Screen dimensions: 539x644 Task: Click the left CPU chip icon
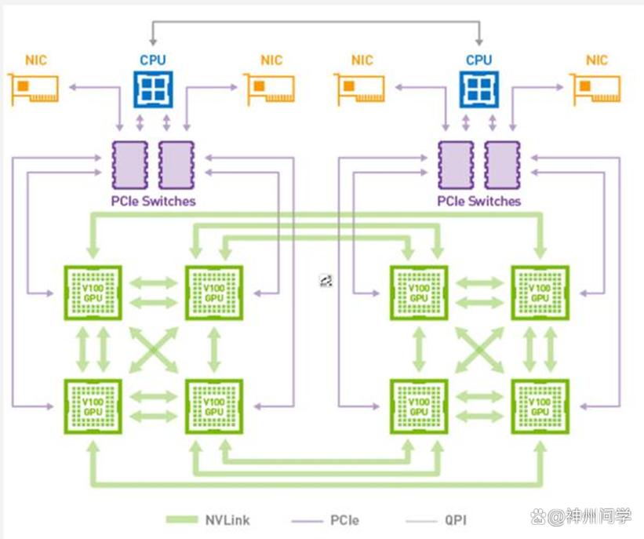[153, 88]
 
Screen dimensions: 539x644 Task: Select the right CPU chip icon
[479, 88]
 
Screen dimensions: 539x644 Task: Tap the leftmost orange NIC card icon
[35, 89]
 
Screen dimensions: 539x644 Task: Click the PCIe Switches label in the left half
[153, 202]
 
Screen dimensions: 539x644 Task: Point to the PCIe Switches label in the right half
[479, 202]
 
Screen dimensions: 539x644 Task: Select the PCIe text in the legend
[345, 519]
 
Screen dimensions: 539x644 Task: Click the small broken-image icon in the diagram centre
[326, 281]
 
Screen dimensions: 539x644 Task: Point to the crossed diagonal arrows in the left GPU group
[154, 349]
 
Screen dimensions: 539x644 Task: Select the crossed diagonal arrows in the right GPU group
[480, 349]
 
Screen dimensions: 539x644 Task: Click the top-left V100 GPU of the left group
[93, 293]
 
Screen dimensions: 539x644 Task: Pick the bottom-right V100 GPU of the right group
[540, 406]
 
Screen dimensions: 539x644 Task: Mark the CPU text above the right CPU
[479, 60]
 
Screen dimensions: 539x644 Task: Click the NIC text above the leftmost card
[35, 60]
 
